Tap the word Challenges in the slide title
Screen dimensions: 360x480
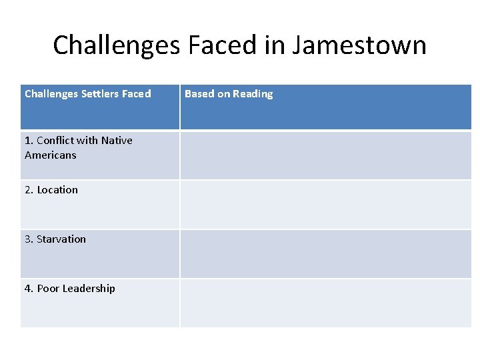click(117, 45)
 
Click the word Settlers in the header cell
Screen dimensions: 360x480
click(99, 94)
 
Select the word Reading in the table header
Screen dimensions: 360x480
click(253, 94)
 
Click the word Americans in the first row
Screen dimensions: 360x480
click(51, 155)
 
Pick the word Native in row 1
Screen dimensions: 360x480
click(117, 141)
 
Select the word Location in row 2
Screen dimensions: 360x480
click(57, 190)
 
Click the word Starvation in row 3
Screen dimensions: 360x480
click(61, 239)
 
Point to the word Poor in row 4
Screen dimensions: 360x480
click(48, 289)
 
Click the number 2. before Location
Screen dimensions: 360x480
click(29, 190)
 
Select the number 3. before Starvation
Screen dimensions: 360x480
click(29, 239)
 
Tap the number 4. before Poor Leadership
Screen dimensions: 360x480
click(29, 289)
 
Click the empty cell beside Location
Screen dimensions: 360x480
click(325, 205)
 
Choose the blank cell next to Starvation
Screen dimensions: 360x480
click(325, 254)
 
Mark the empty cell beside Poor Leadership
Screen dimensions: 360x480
click(325, 303)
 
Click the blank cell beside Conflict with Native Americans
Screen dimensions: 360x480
click(325, 155)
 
